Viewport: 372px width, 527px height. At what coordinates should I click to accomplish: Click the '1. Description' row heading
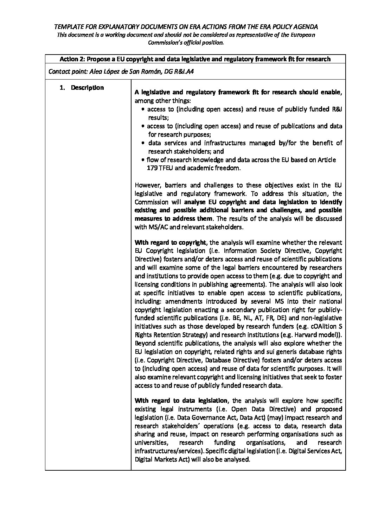point(82,88)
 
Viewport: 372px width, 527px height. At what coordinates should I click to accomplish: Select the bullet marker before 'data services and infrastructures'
point(143,143)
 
